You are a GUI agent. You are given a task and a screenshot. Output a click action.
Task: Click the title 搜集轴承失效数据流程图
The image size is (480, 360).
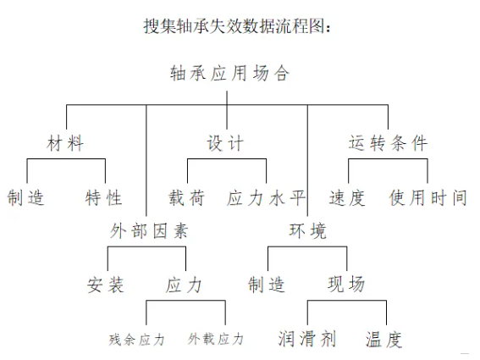point(240,25)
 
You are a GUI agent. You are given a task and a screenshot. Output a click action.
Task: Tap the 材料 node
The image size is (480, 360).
point(65,143)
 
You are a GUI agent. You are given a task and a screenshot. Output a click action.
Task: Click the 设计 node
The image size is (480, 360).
point(226,143)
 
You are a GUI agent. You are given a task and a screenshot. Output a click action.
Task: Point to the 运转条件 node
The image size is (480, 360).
point(389,143)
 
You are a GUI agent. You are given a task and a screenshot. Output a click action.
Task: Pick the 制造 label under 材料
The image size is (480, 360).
point(25,198)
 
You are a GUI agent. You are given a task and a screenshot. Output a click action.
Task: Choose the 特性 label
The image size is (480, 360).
point(104,198)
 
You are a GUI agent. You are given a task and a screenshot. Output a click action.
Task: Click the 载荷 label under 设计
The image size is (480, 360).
point(185,198)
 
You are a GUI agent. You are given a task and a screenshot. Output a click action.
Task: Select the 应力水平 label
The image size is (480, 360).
point(266,198)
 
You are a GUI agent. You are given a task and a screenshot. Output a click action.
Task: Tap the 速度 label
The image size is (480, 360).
point(347,198)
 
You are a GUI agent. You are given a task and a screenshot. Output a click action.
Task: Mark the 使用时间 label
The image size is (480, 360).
point(428,198)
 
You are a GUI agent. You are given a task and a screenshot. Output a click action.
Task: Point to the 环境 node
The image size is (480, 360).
point(307,231)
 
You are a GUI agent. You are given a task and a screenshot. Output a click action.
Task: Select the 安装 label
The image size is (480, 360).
point(107,285)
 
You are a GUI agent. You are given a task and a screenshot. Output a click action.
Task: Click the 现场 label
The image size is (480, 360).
point(346,285)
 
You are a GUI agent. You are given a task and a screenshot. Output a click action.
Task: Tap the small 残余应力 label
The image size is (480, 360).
point(137,340)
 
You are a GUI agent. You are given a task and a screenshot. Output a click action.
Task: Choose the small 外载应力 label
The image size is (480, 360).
point(216,340)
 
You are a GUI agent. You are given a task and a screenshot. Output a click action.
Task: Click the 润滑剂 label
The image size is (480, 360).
point(307,340)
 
